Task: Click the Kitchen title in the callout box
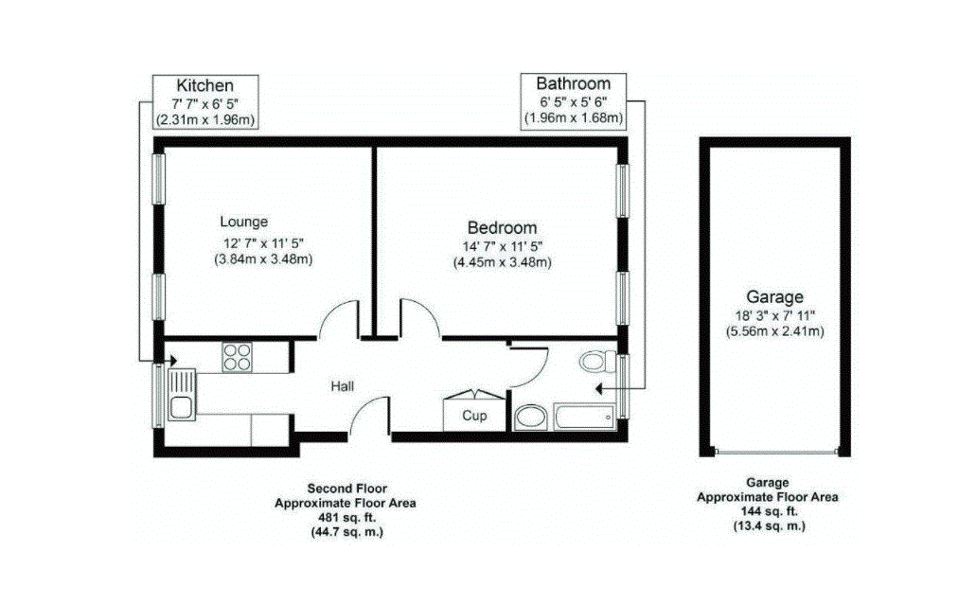click(204, 85)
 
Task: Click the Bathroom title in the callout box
click(574, 82)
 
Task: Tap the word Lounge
click(244, 222)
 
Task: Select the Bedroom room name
click(502, 228)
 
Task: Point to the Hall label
click(343, 386)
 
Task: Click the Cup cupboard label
click(474, 415)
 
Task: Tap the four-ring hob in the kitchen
click(238, 357)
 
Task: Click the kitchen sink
click(182, 395)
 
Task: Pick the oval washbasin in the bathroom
click(531, 417)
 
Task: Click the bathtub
click(584, 417)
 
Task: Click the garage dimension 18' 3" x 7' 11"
click(775, 315)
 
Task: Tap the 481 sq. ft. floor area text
click(346, 517)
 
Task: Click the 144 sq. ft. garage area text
click(769, 511)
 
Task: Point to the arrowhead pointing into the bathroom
click(599, 389)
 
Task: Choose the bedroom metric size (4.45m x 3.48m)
click(503, 262)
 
